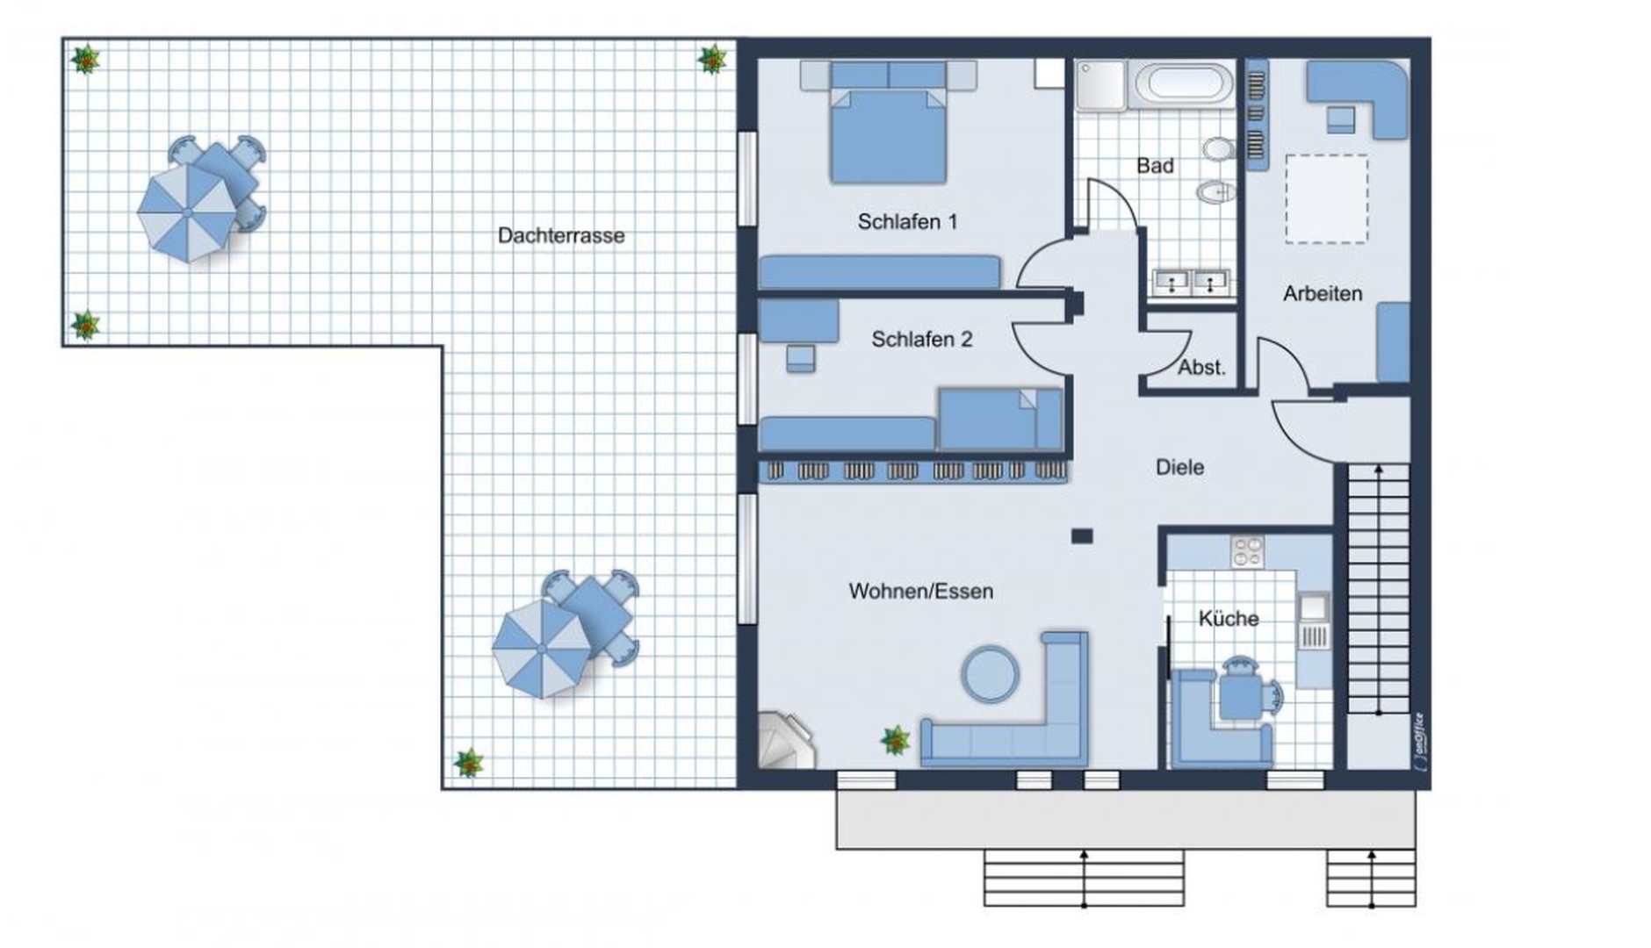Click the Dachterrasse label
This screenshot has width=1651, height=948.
[x=561, y=235]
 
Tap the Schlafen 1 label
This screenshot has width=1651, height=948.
[x=907, y=222]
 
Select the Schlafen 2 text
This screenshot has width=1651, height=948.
[x=922, y=340]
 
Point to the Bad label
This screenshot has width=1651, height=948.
[x=1155, y=166]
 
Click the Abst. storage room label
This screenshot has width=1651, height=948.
[x=1201, y=368]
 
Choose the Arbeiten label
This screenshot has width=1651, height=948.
[x=1323, y=294]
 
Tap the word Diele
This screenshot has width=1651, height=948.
[x=1179, y=468]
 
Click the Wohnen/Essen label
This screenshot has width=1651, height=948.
[x=921, y=592]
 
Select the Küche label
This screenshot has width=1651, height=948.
[x=1229, y=619]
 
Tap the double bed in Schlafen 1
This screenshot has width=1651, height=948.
[x=888, y=123]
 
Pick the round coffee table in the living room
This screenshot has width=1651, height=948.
[x=991, y=674]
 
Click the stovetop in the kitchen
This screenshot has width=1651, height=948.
[x=1247, y=551]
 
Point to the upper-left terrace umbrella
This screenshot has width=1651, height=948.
[x=187, y=212]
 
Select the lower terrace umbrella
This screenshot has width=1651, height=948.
[x=542, y=649]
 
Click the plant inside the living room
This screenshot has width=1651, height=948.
[x=896, y=740]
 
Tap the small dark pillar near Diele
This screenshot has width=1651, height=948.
[x=1082, y=535]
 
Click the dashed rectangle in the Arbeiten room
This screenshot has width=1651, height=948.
[x=1327, y=199]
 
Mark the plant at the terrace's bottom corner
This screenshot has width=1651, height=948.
[x=469, y=763]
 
